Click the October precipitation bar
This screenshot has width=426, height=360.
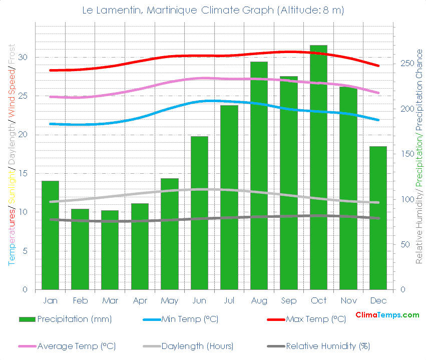tap(318, 168)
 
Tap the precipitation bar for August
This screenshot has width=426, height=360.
tap(259, 176)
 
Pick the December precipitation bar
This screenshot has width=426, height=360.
tap(378, 218)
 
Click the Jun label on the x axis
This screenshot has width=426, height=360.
tap(199, 301)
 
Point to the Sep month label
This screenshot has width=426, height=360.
tap(288, 301)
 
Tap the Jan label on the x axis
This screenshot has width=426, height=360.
tap(50, 301)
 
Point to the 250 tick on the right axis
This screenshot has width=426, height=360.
tap(404, 64)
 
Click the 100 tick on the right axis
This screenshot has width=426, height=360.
tap(404, 199)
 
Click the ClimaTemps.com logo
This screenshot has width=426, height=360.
tap(387, 315)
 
